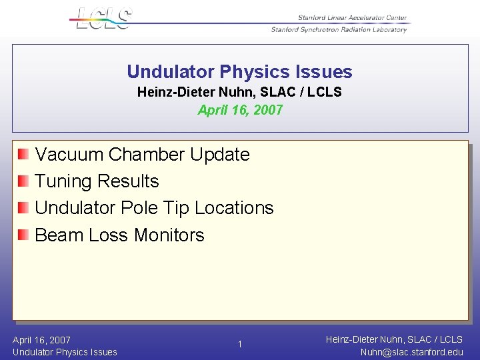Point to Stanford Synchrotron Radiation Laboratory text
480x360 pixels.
point(339,29)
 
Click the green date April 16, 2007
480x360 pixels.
point(240,110)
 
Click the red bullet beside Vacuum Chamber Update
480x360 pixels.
point(23,155)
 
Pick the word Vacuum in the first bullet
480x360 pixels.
point(69,155)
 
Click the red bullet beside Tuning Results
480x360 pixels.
point(23,181)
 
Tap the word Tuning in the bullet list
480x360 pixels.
point(63,181)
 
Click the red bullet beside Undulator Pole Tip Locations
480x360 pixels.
point(23,208)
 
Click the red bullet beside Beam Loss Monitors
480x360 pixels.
point(23,235)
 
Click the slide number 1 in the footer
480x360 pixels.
point(241,345)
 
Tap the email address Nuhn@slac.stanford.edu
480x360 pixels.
point(411,352)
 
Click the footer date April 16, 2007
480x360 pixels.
point(41,340)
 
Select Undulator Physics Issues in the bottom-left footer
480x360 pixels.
point(65,352)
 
